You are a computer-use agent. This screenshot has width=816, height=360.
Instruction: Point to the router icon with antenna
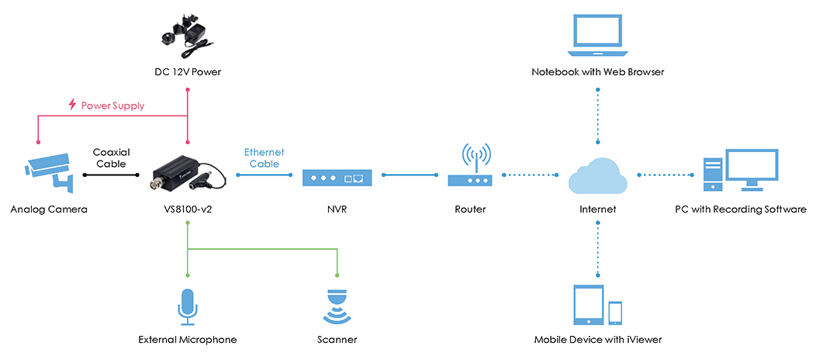point(470,168)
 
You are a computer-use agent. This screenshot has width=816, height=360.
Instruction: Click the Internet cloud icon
point(597,175)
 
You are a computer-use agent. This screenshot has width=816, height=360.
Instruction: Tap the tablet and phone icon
point(597,305)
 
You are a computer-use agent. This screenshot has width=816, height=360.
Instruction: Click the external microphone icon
point(187,306)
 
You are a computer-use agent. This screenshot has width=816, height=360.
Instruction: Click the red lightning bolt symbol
point(72,105)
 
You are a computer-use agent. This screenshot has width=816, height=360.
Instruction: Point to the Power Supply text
point(112,105)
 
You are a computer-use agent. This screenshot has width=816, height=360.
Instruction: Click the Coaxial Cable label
point(111,158)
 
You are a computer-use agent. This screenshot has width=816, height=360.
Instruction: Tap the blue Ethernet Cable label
point(264,158)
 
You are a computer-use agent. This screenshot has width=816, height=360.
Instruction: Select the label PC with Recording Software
point(741,209)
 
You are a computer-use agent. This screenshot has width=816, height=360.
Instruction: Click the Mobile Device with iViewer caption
point(597,340)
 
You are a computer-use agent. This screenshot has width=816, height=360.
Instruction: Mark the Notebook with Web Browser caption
point(597,72)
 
